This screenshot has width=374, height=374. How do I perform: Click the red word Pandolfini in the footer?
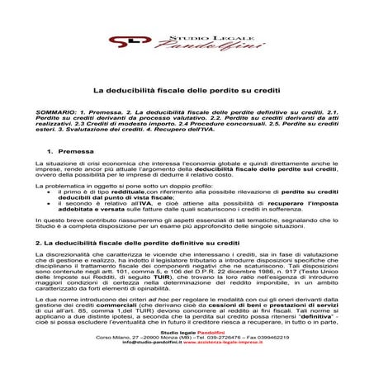pos(206,354)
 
